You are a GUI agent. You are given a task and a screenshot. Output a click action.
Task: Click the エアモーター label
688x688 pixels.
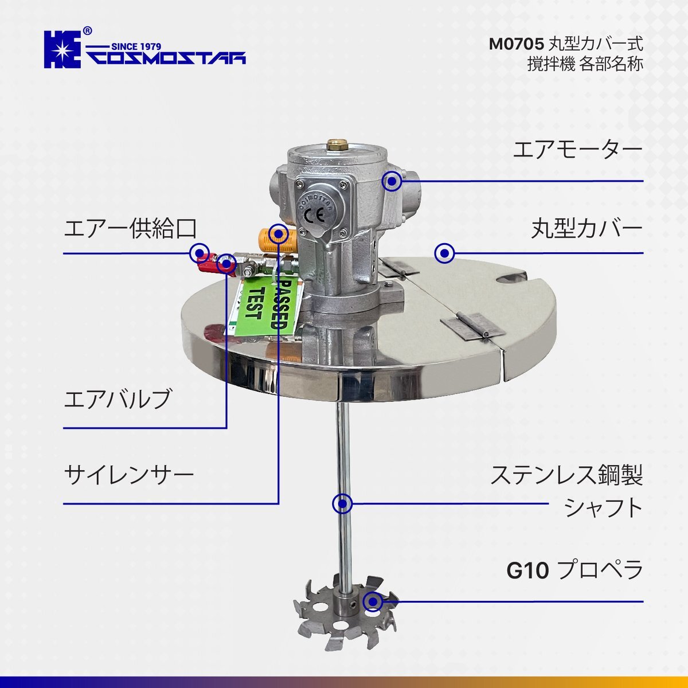coord(578,150)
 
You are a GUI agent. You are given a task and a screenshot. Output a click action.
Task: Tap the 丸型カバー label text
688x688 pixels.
coord(587,228)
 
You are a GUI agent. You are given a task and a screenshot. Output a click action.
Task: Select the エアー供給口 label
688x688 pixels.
coord(130,228)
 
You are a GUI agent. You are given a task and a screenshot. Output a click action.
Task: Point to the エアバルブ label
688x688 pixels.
coord(117,399)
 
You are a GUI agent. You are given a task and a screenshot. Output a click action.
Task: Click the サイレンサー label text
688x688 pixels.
coord(129,475)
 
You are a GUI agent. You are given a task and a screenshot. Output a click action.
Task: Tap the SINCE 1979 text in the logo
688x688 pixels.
coord(136,46)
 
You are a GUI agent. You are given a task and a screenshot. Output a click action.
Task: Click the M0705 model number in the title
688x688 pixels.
coord(516,45)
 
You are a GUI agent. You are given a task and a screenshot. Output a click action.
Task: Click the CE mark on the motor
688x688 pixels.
coord(314,216)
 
